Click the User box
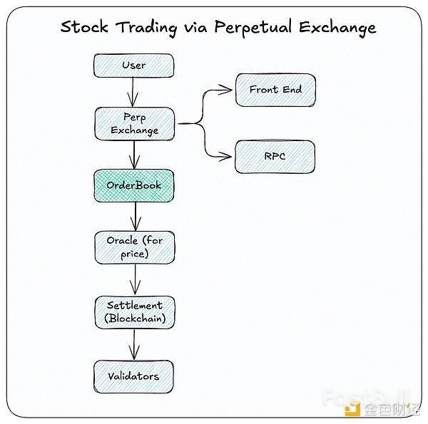point(134,66)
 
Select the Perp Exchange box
point(135,124)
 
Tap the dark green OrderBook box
point(134,185)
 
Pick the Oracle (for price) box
point(135,247)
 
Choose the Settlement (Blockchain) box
point(135,312)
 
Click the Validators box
point(133,376)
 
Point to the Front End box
point(275,90)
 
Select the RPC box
point(275,157)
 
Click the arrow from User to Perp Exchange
point(133,92)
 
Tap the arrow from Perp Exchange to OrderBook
point(134,155)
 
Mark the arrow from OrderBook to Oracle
point(136,217)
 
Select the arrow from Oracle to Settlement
point(135,280)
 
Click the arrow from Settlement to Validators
point(134,345)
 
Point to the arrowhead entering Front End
point(225,90)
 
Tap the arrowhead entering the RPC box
point(225,157)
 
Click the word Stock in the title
point(84,26)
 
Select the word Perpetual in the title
point(253,28)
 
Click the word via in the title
point(195,28)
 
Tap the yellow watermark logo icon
point(352,408)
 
